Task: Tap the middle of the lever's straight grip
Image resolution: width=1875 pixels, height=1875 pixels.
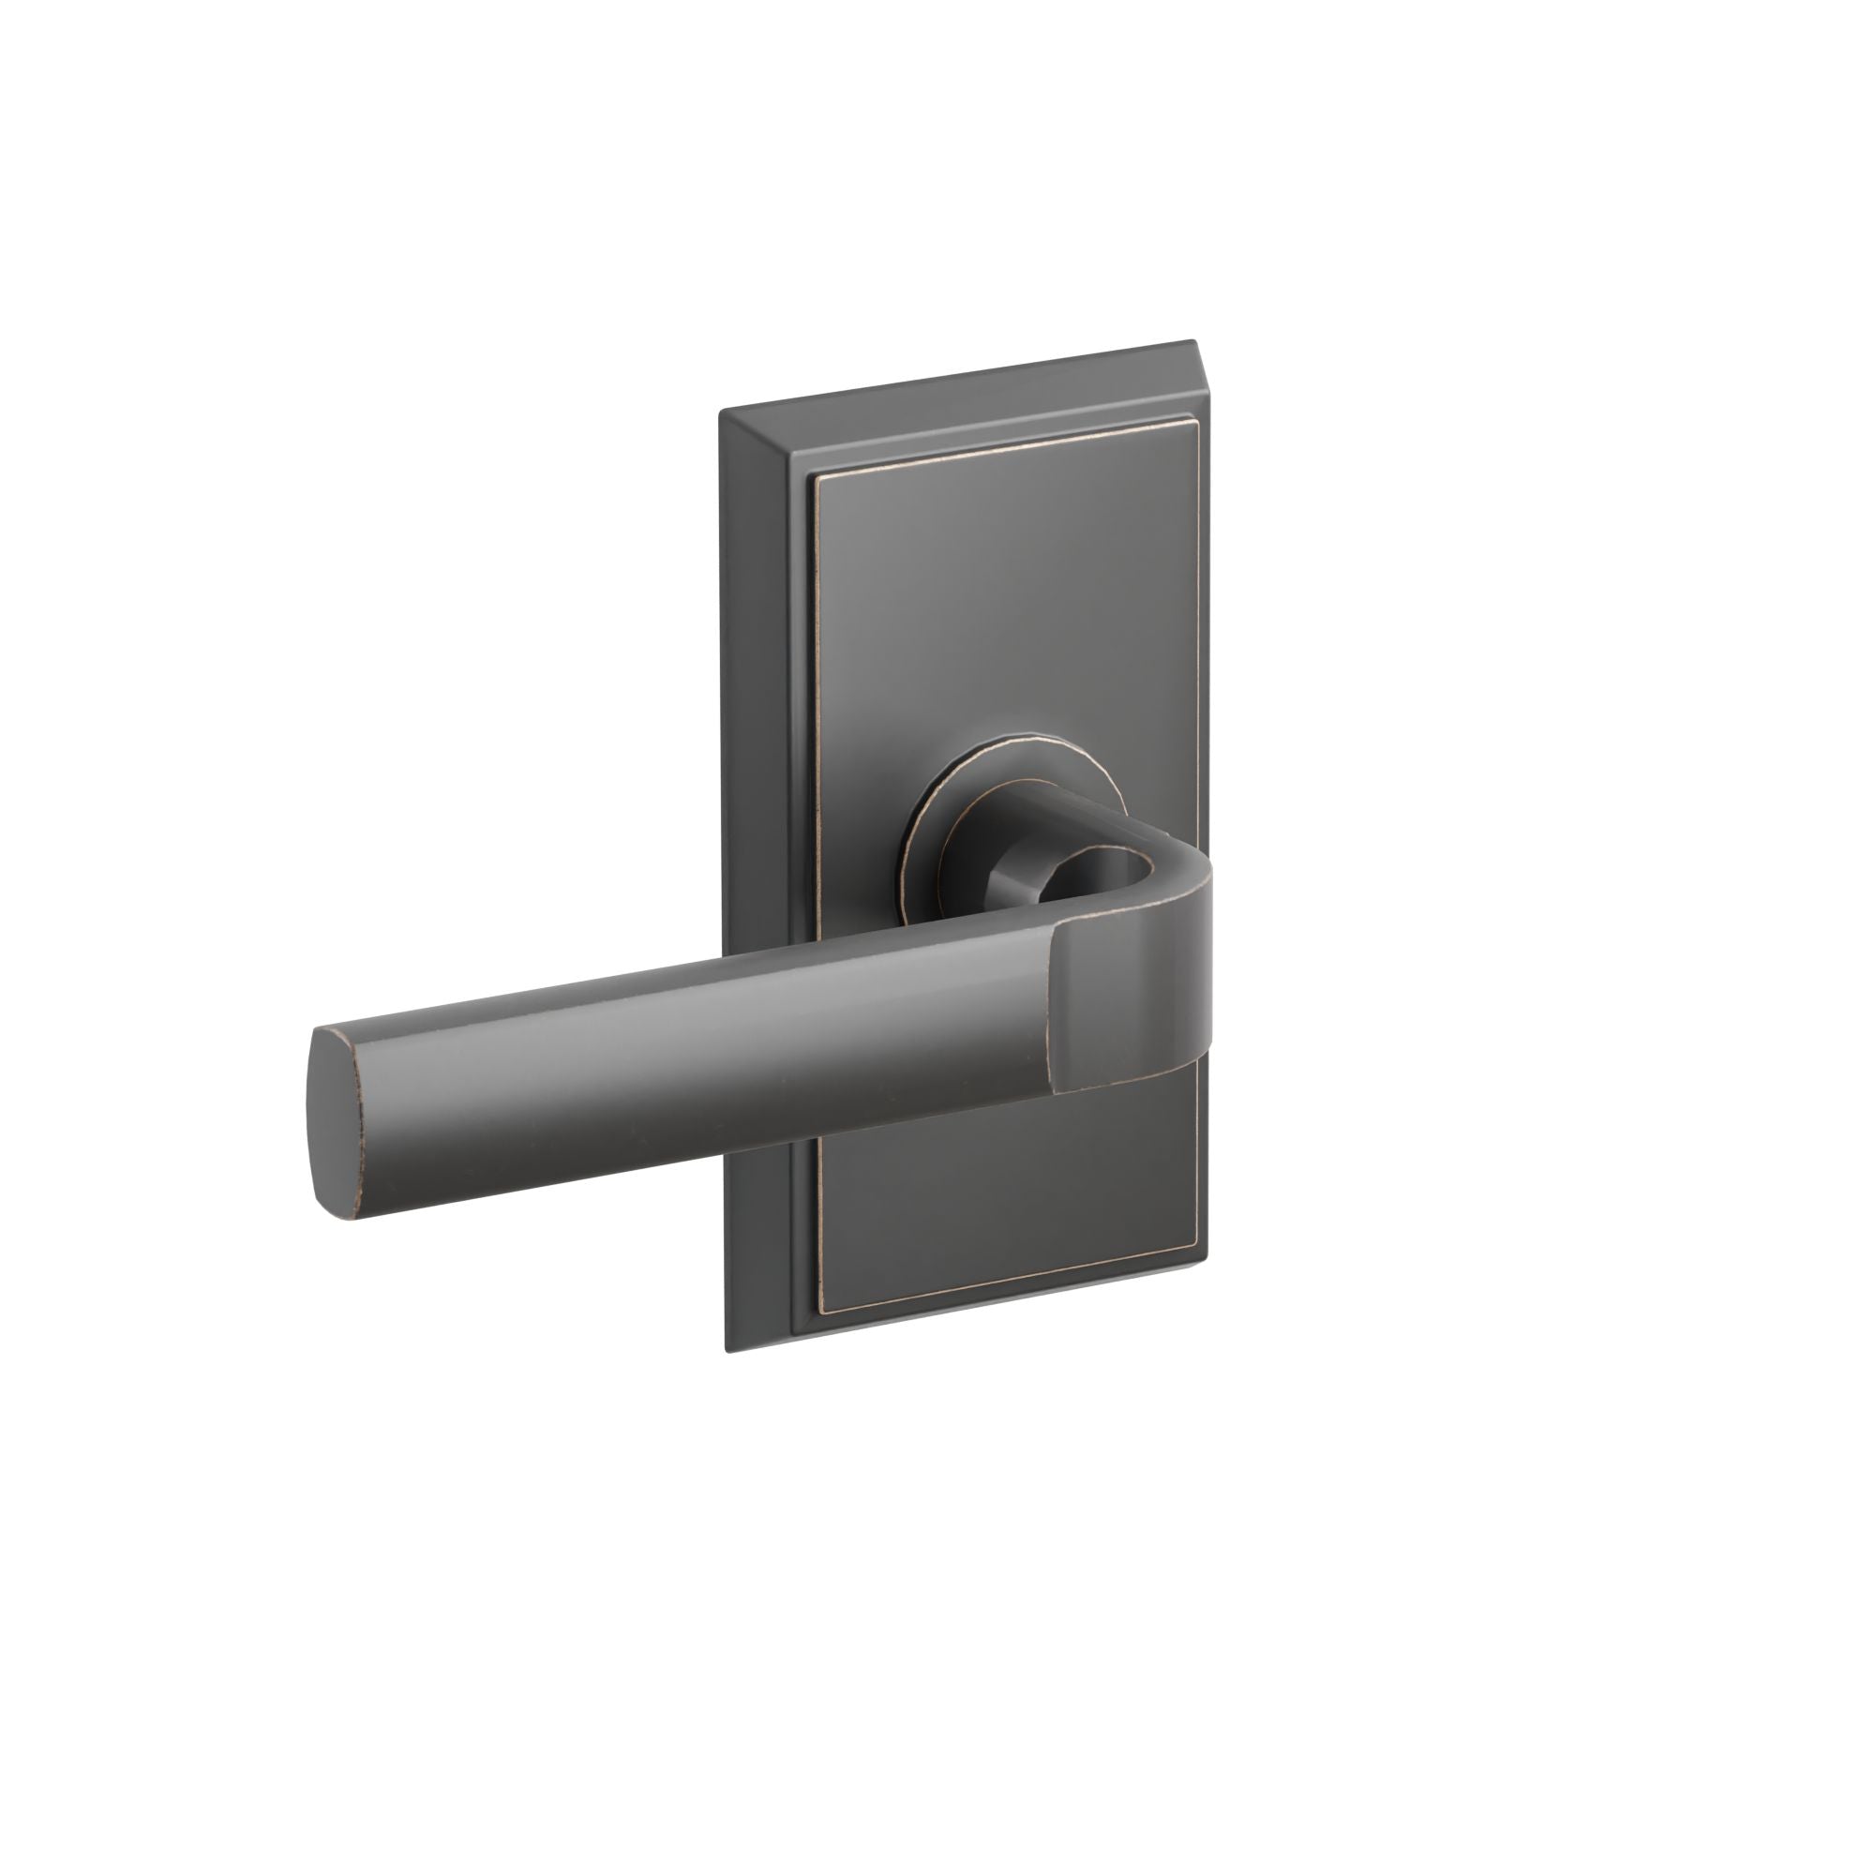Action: [x=698, y=1068]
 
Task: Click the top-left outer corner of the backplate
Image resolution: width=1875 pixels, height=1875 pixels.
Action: [x=719, y=412]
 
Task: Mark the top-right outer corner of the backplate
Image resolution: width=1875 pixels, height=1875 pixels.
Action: [x=1220, y=341]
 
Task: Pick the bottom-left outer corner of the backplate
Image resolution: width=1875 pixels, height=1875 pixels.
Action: [x=727, y=1352]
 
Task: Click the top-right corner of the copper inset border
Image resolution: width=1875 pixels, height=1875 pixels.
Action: [x=1192, y=423]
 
